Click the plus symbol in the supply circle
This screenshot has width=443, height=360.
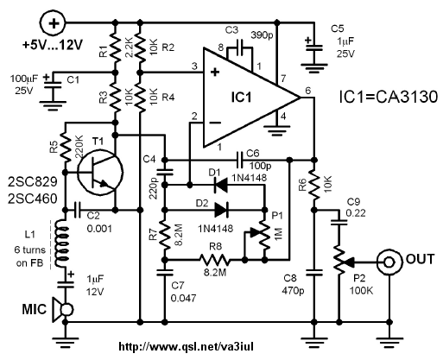click(54, 22)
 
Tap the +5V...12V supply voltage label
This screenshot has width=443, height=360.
click(53, 45)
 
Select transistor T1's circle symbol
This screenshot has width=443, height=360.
click(100, 174)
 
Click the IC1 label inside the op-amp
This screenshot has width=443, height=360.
click(241, 97)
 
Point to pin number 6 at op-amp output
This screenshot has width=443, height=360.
click(308, 91)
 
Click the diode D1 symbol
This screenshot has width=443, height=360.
click(221, 186)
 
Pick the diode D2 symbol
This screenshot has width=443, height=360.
click(221, 210)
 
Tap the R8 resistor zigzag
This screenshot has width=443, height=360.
click(215, 260)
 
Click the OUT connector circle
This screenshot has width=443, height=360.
click(389, 262)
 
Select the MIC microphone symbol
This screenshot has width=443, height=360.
click(62, 310)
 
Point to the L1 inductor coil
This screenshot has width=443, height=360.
click(62, 243)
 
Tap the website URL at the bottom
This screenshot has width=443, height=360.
click(187, 346)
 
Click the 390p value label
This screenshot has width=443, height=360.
click(262, 36)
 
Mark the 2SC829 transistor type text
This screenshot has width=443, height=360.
click(33, 182)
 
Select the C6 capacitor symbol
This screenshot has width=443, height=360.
click(239, 160)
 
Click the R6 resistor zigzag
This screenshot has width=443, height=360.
click(314, 185)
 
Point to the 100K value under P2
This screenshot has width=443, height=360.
click(361, 290)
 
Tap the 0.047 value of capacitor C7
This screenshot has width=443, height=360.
click(183, 298)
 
